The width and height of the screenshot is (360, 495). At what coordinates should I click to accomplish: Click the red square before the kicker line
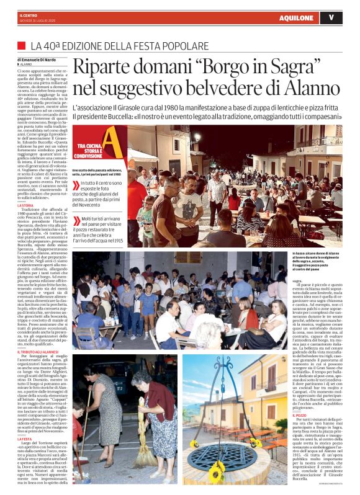[22, 46]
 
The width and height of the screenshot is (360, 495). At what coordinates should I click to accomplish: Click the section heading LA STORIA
[26, 205]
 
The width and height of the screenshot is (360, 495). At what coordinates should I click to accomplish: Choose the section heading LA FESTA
[25, 439]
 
